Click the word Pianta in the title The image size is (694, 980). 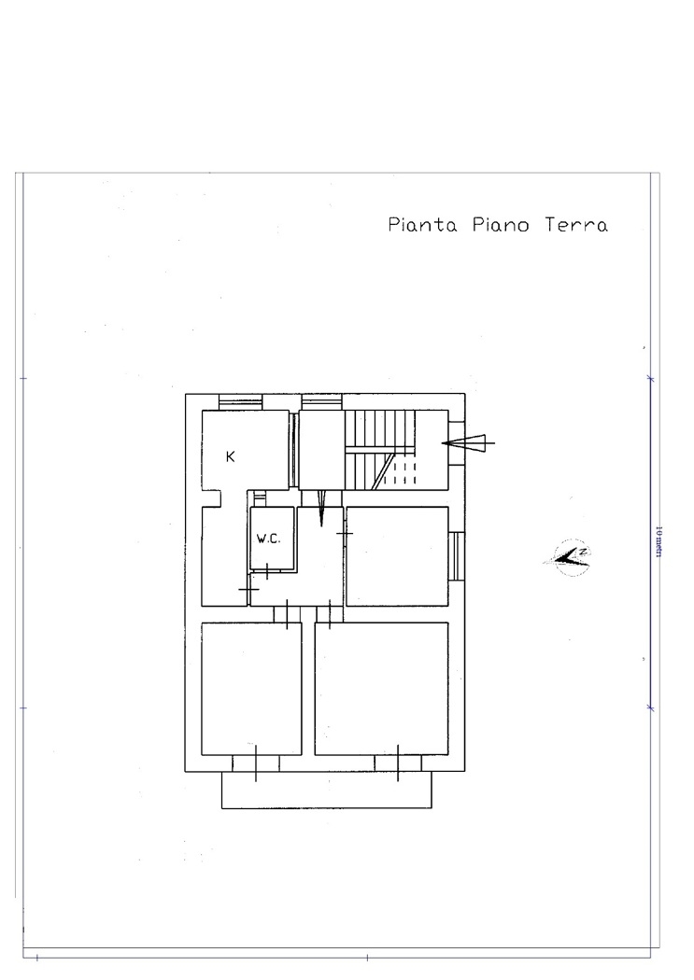tap(422, 224)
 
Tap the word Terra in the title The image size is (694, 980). tap(575, 224)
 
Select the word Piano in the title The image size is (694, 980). tap(501, 224)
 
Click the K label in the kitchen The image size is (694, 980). tap(230, 457)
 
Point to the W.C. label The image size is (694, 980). tap(268, 539)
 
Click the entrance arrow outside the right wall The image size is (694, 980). tap(468, 443)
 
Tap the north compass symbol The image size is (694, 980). tap(568, 556)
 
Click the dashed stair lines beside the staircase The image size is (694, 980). tap(400, 472)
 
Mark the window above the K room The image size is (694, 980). tap(240, 402)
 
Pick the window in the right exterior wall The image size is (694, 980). tap(457, 556)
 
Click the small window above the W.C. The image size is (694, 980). tap(260, 498)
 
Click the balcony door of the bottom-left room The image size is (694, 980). tap(256, 763)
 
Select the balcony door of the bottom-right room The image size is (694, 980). tap(398, 763)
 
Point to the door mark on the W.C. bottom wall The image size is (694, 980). tap(267, 571)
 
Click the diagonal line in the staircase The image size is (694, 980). tap(383, 471)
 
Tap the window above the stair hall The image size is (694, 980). tap(321, 402)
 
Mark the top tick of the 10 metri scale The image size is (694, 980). tap(650, 379)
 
